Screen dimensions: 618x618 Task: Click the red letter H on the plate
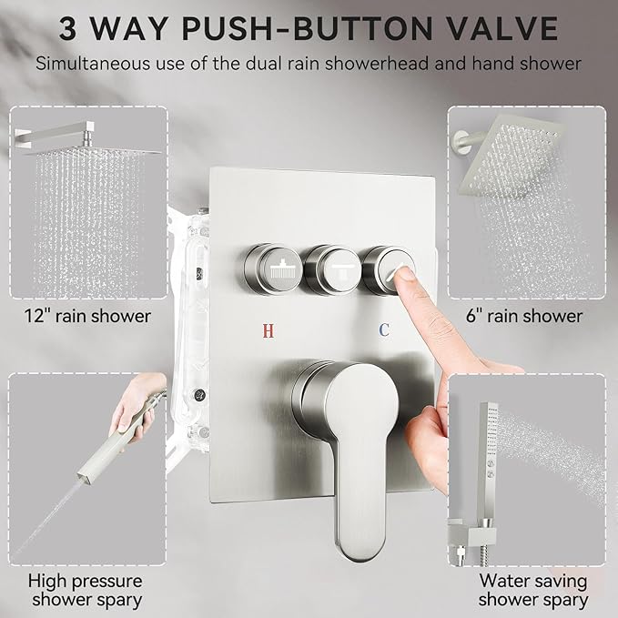pyautogui.click(x=267, y=330)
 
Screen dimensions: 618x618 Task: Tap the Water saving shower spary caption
pyautogui.click(x=533, y=590)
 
